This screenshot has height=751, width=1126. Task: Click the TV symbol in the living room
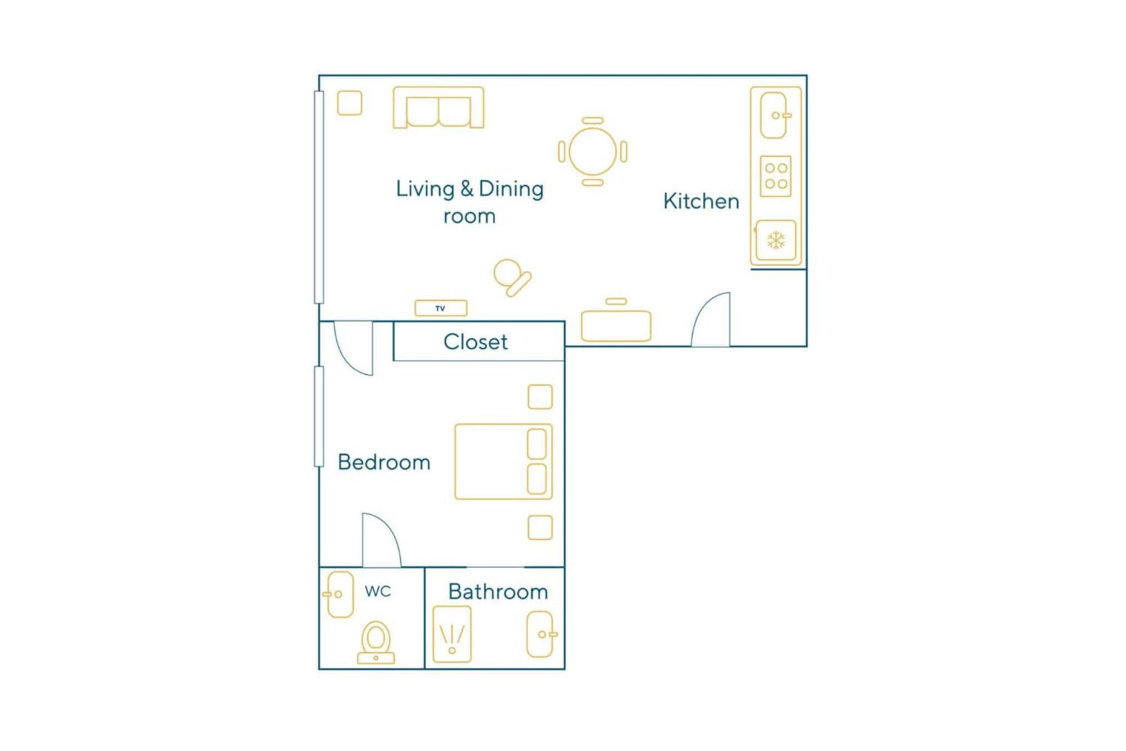[x=441, y=308]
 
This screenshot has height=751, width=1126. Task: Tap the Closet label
[x=475, y=341]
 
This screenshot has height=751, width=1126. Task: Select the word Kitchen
[x=701, y=201]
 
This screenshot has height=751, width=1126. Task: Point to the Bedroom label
[x=384, y=462]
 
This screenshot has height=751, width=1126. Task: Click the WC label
[x=378, y=591]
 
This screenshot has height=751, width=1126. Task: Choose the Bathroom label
[x=498, y=592]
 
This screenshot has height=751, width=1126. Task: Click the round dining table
[x=593, y=152]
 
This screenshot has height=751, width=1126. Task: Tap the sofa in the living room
[x=439, y=107]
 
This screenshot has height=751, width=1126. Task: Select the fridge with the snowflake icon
[x=776, y=241]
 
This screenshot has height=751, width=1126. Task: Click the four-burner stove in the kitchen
[x=776, y=176]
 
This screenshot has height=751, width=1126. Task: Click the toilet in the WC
[x=376, y=643]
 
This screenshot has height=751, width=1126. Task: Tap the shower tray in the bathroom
[x=452, y=634]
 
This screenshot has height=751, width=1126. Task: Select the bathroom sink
[x=540, y=634]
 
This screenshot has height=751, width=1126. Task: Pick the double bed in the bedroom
[x=503, y=462]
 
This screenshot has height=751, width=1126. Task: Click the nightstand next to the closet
[x=540, y=397]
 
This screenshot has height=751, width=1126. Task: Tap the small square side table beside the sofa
[x=350, y=103]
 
